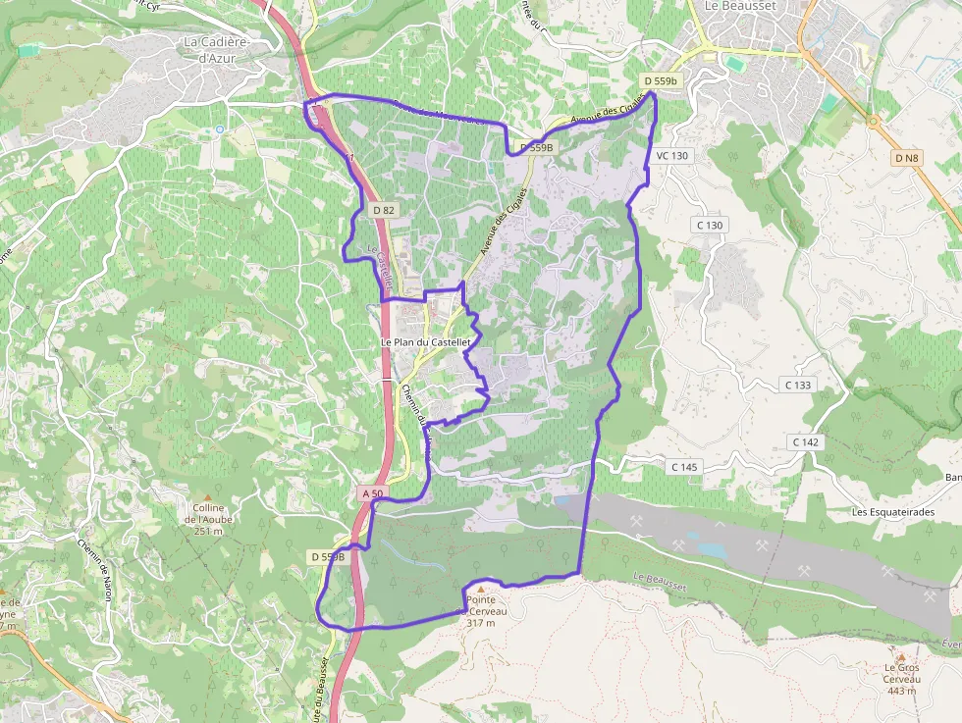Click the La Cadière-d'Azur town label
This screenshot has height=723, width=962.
[x=217, y=50]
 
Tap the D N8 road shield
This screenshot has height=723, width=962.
[x=906, y=158]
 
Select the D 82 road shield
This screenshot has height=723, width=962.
[x=383, y=210]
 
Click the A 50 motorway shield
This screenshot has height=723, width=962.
[x=371, y=492]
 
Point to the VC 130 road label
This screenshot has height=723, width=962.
[x=671, y=156]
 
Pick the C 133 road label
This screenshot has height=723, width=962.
[x=798, y=385]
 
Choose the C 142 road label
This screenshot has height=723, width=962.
[x=805, y=442]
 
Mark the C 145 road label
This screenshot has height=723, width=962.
[x=683, y=467]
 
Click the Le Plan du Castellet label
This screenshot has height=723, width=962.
[x=426, y=341]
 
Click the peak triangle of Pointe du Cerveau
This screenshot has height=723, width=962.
[x=481, y=589]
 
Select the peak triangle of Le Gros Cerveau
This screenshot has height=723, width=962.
[x=900, y=656]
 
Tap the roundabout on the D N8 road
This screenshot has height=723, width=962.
[x=873, y=121]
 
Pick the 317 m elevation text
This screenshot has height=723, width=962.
[x=481, y=623]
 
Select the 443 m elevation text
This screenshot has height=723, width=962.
[x=900, y=691]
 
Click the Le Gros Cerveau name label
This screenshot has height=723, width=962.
[x=900, y=673]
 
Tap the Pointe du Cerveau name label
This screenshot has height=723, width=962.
[x=481, y=604]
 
